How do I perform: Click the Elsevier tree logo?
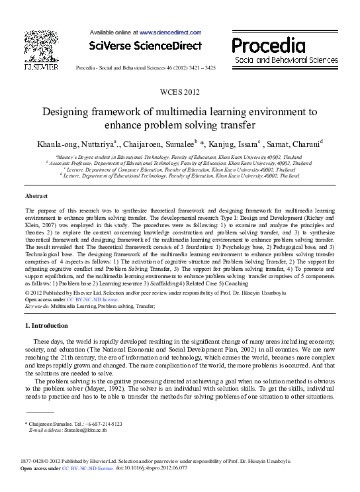click(x=40, y=47)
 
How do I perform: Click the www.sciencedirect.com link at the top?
click(x=169, y=32)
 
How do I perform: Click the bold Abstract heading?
click(x=36, y=197)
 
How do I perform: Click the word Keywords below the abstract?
click(x=38, y=307)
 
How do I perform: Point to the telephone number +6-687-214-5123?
click(x=100, y=424)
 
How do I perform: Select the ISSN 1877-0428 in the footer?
click(x=36, y=461)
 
